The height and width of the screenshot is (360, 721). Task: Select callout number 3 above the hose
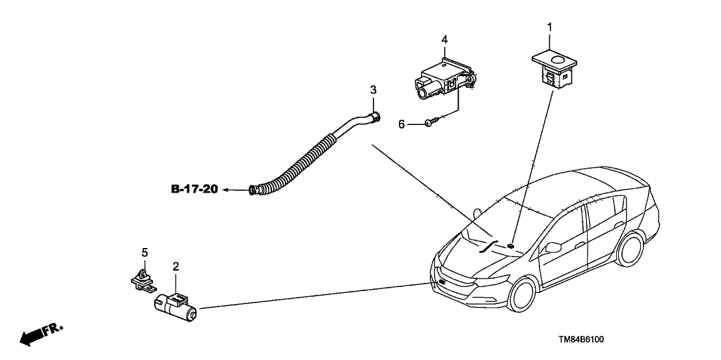point(373,89)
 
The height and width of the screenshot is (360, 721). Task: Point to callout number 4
point(444,40)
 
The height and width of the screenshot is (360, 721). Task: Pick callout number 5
point(144,251)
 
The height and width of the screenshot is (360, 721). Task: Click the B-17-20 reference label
point(193,189)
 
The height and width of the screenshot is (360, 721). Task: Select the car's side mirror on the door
point(554,247)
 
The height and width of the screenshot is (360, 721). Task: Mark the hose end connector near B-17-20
point(255,190)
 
